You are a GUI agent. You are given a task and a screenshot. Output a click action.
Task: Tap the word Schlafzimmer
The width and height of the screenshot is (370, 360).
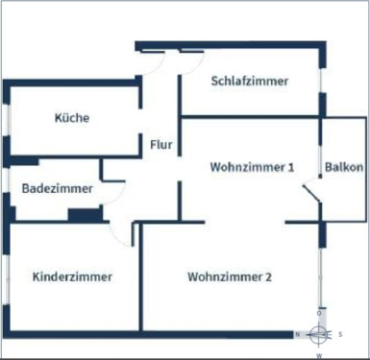(x=249, y=82)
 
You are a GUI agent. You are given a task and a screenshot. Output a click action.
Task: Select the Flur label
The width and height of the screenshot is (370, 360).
(x=161, y=146)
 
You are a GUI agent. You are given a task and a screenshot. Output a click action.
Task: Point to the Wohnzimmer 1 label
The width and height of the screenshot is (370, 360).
(x=252, y=167)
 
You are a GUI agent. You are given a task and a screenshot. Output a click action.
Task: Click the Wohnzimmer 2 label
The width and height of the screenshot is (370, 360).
(x=230, y=277)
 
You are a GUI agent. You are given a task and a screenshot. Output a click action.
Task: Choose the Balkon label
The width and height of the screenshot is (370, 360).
(x=344, y=167)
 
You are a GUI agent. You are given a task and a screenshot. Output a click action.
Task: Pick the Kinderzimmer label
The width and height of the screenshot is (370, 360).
(x=72, y=277)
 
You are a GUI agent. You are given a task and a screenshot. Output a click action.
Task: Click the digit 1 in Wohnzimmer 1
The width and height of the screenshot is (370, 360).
(x=290, y=167)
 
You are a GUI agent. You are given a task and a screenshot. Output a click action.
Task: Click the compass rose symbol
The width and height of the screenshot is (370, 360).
(x=319, y=334)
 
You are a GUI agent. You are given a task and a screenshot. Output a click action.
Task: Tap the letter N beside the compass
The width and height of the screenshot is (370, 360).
(x=299, y=334)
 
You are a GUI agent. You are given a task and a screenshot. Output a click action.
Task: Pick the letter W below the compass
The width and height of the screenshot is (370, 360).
(x=319, y=354)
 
